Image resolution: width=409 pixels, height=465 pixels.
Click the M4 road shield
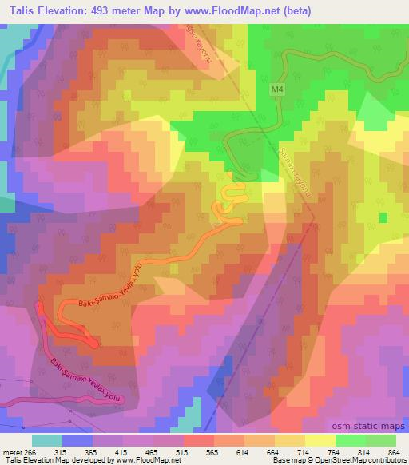(276, 92)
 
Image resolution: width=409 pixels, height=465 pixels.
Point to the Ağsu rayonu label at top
(193, 44)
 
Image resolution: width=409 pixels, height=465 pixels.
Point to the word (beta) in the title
(294, 11)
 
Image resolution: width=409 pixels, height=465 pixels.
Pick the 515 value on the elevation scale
(184, 451)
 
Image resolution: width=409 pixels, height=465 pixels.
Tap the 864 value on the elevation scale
(394, 451)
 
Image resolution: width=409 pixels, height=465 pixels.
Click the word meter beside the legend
(11, 451)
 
